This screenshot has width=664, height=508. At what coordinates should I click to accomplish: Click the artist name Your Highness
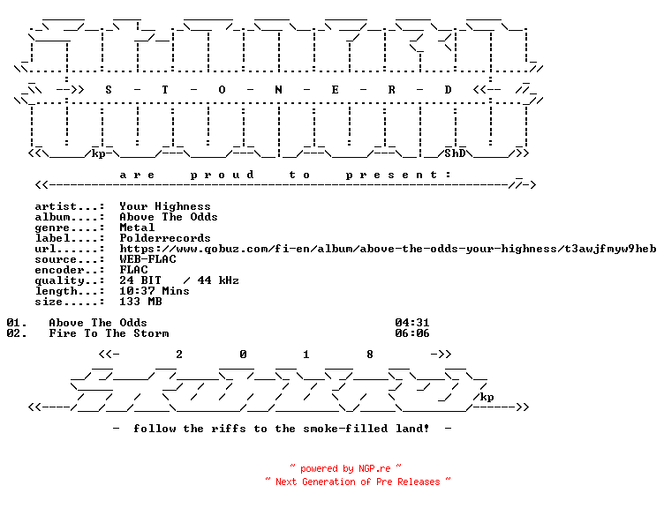point(165,206)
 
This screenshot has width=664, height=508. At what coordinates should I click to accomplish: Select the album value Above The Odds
point(169,217)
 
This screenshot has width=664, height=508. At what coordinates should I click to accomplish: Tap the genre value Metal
point(137,228)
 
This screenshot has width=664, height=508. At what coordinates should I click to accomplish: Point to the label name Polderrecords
point(165,238)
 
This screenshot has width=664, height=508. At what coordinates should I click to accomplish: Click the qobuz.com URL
point(388,249)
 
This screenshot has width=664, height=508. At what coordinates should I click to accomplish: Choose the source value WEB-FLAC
point(147,259)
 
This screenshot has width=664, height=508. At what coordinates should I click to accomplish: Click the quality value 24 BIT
point(140,280)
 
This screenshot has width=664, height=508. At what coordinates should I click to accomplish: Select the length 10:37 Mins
point(155,291)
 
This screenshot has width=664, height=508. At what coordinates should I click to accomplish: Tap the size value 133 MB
point(140,302)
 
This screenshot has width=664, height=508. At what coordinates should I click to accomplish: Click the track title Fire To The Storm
point(109,333)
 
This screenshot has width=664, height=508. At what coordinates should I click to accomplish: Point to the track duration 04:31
point(412,323)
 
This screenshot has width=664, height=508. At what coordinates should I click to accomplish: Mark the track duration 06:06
point(412,333)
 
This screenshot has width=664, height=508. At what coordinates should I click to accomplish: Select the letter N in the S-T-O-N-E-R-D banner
point(278,90)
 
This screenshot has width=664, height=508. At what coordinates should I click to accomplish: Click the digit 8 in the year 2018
point(370,355)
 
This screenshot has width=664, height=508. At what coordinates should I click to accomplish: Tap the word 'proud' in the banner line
point(222,175)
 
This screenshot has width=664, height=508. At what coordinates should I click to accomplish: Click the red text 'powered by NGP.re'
point(345,468)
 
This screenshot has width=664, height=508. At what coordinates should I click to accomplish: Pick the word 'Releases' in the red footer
point(419,482)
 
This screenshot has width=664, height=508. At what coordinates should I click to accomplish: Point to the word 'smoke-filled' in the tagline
point(345,429)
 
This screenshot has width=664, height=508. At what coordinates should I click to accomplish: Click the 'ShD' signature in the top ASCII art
point(455,153)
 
